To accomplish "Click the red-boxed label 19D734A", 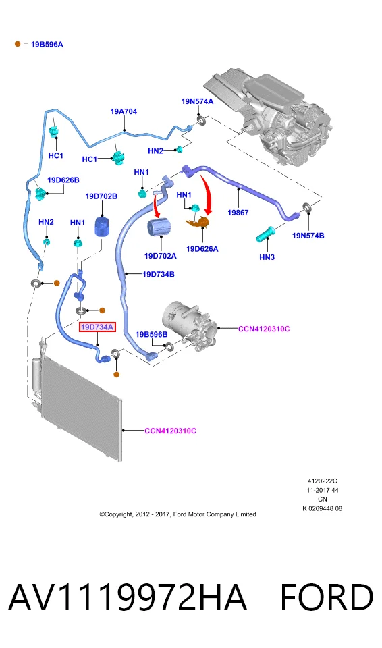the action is pos(97,327).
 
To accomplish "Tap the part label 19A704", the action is pos(124,111).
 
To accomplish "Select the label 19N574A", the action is pos(197,102).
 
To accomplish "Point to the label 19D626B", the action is pos(63,180).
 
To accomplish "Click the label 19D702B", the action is pos(101,196).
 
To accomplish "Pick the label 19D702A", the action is pos(161,256).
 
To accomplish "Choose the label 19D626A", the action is pos(202,249).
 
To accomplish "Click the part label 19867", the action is pos(238,213).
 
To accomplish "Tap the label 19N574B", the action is pos(308,236).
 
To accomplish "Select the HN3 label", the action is pos(267,257).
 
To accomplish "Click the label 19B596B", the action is pos(152,334).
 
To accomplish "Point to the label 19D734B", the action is pos(159,274).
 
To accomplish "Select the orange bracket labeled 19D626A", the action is pos(198,222).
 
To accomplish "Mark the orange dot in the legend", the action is pos(18,44).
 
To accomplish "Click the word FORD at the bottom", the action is pos(326,597).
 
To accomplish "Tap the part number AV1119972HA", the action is pos(128,597).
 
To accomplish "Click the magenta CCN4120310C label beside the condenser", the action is pos(170,431).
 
